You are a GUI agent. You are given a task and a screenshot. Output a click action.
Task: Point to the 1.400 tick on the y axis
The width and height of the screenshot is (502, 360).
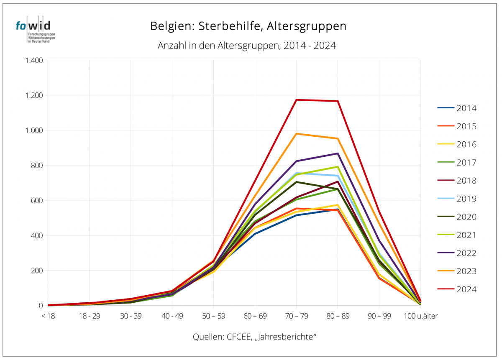point(34,60)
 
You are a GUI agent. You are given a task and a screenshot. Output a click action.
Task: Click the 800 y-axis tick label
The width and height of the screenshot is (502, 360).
point(37,165)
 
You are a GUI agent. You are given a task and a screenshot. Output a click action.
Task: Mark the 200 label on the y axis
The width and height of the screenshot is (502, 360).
point(37,270)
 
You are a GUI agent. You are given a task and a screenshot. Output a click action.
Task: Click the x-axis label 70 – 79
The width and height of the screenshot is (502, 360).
point(296,316)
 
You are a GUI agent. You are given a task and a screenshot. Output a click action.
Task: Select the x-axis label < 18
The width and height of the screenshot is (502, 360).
point(49,316)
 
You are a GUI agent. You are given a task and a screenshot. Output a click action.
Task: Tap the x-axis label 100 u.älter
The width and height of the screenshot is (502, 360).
point(420,316)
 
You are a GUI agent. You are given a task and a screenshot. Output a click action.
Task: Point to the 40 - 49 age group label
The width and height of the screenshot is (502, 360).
point(172,316)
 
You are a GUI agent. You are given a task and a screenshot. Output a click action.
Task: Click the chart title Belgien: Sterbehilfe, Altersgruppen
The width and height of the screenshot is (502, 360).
point(248,26)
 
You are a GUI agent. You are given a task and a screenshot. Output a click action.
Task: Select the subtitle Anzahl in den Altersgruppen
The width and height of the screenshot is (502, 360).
point(247,46)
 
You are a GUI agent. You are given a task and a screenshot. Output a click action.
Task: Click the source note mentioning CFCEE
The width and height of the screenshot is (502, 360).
point(254,337)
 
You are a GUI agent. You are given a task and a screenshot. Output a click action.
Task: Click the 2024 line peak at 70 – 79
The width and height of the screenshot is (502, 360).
point(296,100)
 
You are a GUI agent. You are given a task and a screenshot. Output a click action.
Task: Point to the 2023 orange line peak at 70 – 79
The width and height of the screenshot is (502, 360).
point(296,134)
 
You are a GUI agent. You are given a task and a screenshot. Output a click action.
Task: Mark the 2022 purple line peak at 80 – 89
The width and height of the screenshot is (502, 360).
point(338,153)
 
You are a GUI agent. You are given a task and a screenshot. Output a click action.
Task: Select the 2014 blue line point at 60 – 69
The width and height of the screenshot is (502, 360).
point(255,233)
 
